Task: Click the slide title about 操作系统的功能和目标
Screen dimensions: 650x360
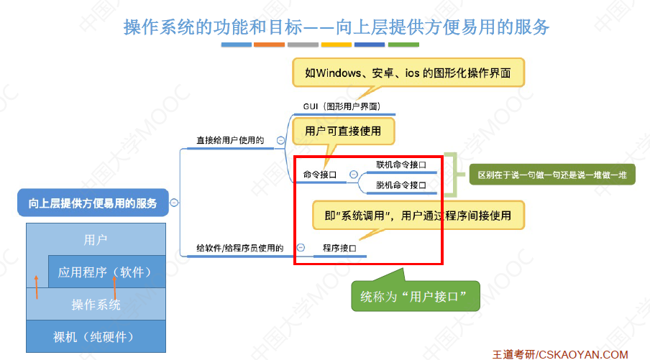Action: coord(337,27)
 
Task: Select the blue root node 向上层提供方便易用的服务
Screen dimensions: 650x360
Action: coord(93,203)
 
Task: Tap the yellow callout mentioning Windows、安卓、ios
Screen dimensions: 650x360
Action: coord(408,73)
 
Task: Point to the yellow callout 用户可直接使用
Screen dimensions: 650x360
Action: coord(343,131)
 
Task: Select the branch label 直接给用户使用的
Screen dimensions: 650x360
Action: coord(230,140)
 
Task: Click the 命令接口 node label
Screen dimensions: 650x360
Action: coord(320,174)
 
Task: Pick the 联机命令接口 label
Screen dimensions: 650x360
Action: coord(401,165)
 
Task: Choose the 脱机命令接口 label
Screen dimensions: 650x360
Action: coord(401,185)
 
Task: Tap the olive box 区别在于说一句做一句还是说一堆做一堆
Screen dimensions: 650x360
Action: coord(551,175)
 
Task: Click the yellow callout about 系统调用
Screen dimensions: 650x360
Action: coord(417,215)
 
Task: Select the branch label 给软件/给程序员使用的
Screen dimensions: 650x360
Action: coord(240,248)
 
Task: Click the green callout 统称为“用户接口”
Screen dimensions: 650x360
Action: coord(415,295)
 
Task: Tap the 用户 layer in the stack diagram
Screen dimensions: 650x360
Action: coord(96,239)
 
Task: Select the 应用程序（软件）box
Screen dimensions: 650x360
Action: coord(106,272)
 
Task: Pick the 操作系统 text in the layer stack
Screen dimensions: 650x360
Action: coord(96,305)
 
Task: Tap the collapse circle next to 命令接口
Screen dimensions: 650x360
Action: coord(353,174)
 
